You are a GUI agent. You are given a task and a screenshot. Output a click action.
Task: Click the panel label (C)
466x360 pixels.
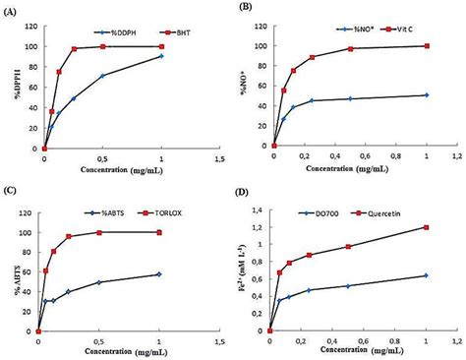coord(11,191)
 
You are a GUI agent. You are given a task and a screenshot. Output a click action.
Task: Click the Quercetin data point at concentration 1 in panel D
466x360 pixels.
coord(427,227)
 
